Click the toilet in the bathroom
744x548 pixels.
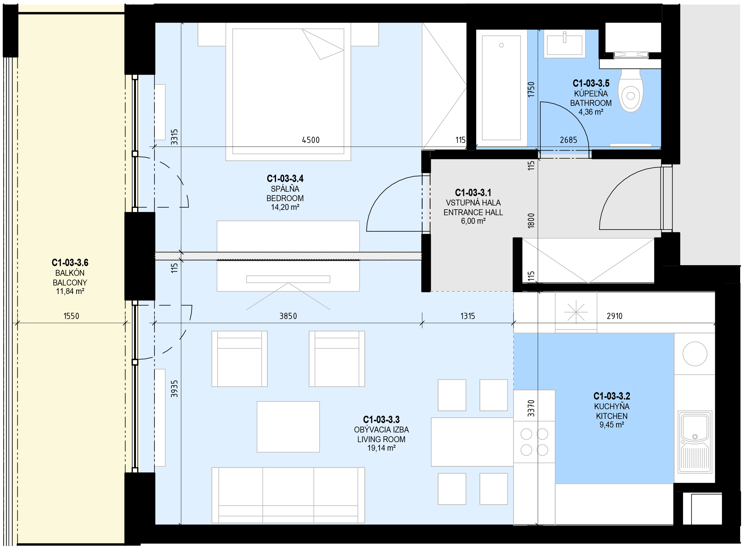(x=630, y=90)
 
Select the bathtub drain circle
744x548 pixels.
(x=501, y=45)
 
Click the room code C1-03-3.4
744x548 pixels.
(x=285, y=179)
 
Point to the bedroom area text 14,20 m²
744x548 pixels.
(x=285, y=207)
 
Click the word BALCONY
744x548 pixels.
(x=70, y=283)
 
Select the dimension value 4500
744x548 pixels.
(x=311, y=140)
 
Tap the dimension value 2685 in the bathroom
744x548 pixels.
(x=568, y=140)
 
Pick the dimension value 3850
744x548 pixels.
(x=288, y=316)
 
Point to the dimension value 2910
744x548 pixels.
(x=615, y=316)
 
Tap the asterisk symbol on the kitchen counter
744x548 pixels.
(x=576, y=312)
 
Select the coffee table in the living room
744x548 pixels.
(x=288, y=427)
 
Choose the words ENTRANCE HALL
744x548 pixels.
(x=473, y=212)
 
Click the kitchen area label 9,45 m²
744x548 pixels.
(x=612, y=425)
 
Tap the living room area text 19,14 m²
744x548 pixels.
(x=381, y=448)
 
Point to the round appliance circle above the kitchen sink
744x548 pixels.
(x=695, y=354)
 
